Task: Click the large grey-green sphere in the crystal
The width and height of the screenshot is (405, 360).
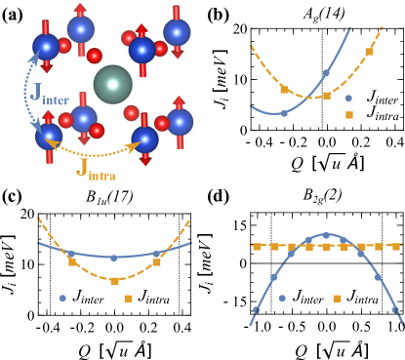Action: (x=113, y=84)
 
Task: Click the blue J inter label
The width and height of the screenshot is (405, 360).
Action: (x=50, y=95)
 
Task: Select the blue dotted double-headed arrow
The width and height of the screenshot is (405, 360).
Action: (x=27, y=93)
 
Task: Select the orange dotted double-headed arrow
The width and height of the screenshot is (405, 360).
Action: (x=96, y=152)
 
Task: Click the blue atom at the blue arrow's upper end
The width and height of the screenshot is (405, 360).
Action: (x=46, y=47)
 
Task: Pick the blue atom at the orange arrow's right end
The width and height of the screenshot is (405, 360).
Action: (x=144, y=140)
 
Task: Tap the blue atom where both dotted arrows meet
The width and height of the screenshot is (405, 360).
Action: (x=49, y=136)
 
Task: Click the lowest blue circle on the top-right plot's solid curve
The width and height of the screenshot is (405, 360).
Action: (x=284, y=113)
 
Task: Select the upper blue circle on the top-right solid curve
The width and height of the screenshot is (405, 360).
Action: (x=326, y=72)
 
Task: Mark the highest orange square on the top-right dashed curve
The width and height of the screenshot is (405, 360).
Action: (x=369, y=52)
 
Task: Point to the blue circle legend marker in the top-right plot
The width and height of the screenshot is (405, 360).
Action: (x=348, y=98)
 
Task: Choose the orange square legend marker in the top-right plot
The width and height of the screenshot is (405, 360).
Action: (x=349, y=115)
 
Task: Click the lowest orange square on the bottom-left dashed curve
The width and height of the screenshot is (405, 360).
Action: (x=114, y=281)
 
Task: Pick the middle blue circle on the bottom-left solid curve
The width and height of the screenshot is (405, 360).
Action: (x=113, y=258)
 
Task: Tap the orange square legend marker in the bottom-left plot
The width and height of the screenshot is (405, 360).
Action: (x=128, y=299)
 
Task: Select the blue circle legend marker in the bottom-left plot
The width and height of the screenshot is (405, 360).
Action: (x=62, y=299)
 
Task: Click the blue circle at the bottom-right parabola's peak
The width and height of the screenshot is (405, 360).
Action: (x=326, y=235)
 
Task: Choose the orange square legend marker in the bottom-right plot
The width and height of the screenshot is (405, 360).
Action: (x=337, y=299)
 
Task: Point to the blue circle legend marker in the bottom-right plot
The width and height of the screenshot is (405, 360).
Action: (x=282, y=299)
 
